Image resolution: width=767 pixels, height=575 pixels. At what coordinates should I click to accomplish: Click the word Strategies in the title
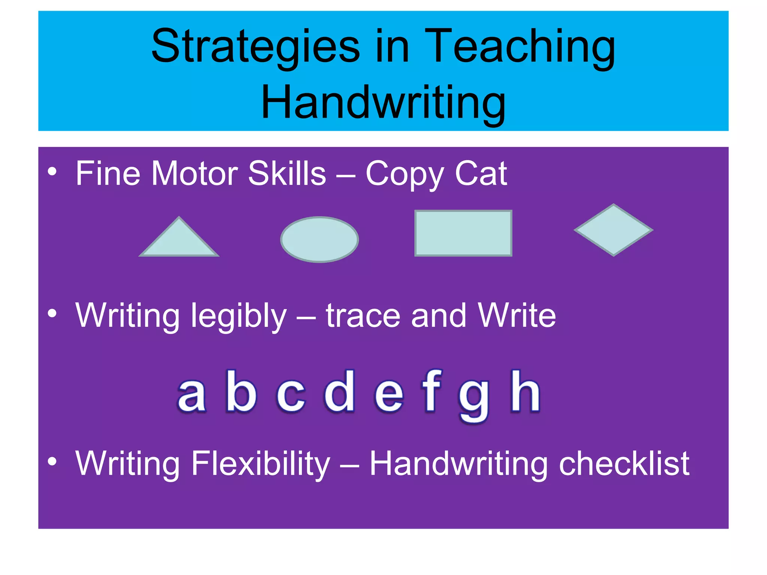[x=255, y=47]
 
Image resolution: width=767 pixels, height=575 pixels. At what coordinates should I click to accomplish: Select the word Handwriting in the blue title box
[x=383, y=102]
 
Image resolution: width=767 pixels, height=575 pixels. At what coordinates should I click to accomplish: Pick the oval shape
[x=319, y=240]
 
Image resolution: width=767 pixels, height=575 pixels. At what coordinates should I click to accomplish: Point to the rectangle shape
[x=463, y=233]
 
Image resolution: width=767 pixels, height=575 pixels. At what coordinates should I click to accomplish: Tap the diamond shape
[x=613, y=230]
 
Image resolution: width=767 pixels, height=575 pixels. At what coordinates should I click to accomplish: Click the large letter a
[x=191, y=395]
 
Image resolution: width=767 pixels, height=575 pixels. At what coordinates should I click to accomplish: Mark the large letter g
[x=474, y=400]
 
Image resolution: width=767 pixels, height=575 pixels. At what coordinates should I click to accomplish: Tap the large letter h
[x=525, y=391]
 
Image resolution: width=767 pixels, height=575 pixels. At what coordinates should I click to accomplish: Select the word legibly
[x=239, y=317]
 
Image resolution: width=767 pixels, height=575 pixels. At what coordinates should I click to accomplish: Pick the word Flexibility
[x=261, y=464]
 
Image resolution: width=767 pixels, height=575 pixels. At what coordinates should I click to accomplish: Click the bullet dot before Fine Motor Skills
[x=52, y=172]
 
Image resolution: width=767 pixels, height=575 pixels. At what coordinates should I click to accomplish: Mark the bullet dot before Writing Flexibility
[x=52, y=462]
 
